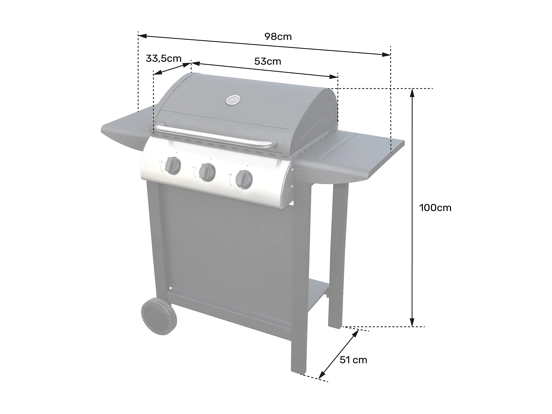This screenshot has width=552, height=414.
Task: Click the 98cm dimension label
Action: point(278,37)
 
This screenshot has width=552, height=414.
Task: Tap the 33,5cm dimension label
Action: point(163,58)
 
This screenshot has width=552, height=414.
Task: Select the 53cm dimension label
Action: point(267,61)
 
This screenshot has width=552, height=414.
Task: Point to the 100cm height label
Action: point(435,208)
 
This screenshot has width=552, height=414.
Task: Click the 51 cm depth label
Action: point(353,360)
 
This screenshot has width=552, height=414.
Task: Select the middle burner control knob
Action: point(207,172)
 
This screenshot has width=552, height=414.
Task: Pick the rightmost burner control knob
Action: point(244,180)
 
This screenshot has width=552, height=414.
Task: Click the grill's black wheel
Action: point(159,316)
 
